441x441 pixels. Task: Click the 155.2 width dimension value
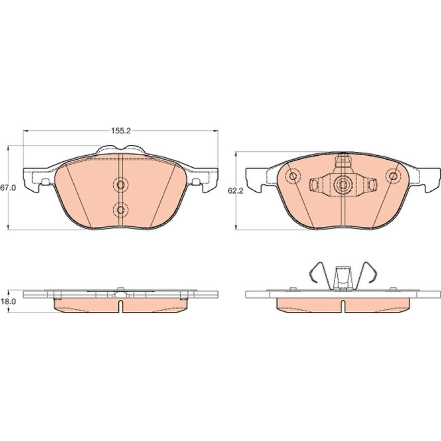[x=121, y=131]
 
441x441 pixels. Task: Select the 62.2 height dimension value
[x=235, y=191]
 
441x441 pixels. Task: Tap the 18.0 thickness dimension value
[x=8, y=301]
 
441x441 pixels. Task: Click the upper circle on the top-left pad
[x=121, y=185]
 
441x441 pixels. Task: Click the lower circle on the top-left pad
[x=121, y=209]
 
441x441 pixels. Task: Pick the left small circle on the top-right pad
[x=293, y=176]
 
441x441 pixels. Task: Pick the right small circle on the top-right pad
[x=393, y=176]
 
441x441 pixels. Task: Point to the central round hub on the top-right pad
[x=343, y=185]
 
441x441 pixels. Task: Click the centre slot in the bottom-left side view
[x=121, y=306]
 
